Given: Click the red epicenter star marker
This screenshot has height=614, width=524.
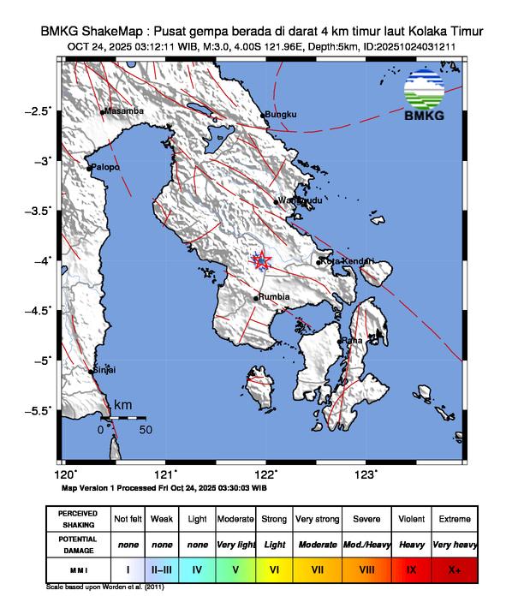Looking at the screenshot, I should coord(262,260).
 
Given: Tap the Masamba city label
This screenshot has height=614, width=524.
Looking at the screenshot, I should coord(123,111).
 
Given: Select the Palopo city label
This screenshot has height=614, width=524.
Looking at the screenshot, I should coord(105,167).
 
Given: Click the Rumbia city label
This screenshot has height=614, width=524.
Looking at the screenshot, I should coord(275,297).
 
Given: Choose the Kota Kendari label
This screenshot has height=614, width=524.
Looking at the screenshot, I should coord(345,260).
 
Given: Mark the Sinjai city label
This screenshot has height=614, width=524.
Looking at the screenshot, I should coord(104,370).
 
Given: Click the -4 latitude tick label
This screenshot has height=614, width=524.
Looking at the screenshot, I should coord(43,260).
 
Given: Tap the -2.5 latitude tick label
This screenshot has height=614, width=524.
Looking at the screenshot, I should coord(39,111).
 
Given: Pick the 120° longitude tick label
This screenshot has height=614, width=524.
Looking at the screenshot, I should coord(65,474).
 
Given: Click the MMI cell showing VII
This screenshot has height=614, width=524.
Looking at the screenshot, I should coord(317,568).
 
